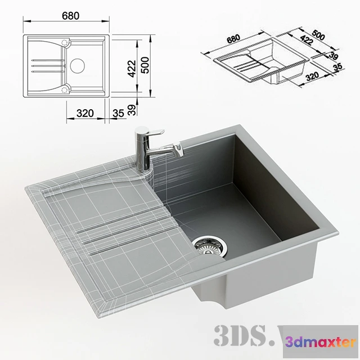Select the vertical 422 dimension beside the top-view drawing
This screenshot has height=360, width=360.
pyautogui.click(x=131, y=67)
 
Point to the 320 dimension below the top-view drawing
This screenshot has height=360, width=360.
pyautogui.click(x=84, y=113)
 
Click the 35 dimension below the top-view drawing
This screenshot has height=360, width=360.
pyautogui.click(x=118, y=113)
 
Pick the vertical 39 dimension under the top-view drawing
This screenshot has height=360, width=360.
pyautogui.click(x=131, y=109)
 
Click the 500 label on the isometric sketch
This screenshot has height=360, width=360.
pyautogui.click(x=318, y=34)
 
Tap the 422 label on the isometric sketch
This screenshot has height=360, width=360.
pyautogui.click(x=307, y=40)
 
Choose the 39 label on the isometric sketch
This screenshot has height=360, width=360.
pyautogui.click(x=333, y=56)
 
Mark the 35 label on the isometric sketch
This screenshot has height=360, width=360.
pyautogui.click(x=337, y=67)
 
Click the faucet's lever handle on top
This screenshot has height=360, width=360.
pyautogui.click(x=150, y=132)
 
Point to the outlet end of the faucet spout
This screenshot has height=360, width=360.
pyautogui.click(x=178, y=150)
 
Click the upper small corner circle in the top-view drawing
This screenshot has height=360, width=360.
pyautogui.click(x=66, y=43)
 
